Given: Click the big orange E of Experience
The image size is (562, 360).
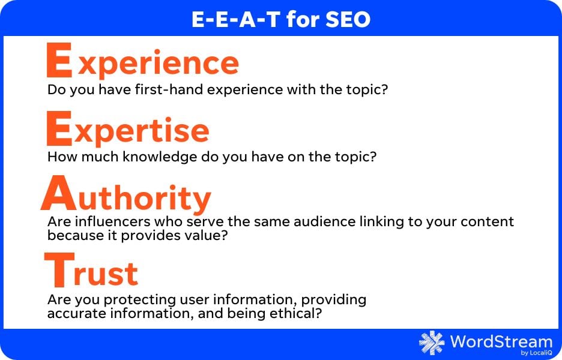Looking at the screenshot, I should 60,60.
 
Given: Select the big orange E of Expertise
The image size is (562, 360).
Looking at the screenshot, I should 60,128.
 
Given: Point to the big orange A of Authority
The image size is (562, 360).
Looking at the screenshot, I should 62,194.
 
